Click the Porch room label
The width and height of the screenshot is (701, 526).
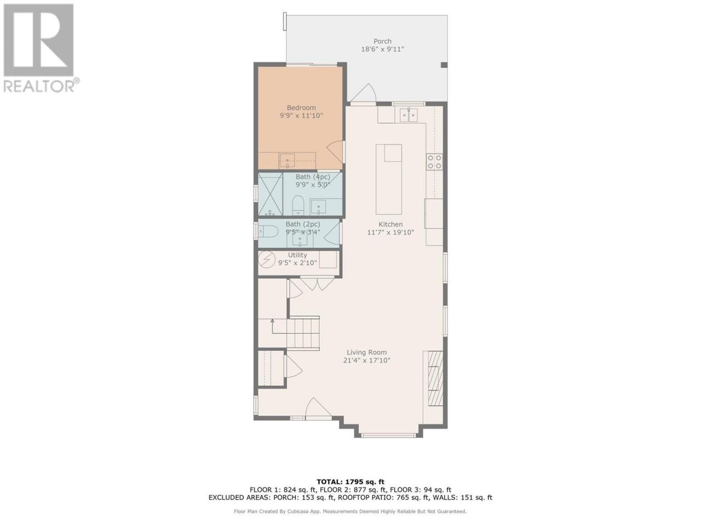pos(382,41)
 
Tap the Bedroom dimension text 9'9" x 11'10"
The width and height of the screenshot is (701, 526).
pos(301,116)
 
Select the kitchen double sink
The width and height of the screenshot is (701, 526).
pos(409,115)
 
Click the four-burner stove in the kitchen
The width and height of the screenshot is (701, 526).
pos(434,162)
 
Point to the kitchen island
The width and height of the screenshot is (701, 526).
pos(389,179)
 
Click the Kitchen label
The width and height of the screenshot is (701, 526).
pos(390,224)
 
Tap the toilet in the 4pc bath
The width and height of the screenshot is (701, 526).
pos(298,205)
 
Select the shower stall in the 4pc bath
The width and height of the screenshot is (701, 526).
pos(270,194)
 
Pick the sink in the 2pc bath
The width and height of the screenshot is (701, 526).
pos(300,239)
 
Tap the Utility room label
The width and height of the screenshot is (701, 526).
pos(297,255)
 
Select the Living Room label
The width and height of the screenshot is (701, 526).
pos(366,352)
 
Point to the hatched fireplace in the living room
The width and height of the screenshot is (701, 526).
pos(435,378)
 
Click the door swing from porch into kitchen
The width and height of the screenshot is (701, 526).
pos(364,93)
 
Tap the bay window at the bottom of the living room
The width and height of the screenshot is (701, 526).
pos(388,434)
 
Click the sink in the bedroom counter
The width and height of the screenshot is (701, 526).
pos(287,161)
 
